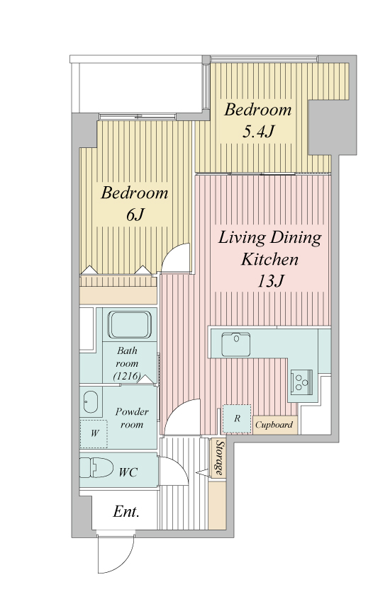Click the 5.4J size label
click(257, 132)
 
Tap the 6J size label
click(135, 215)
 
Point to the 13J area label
click(270, 281)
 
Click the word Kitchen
click(269, 259)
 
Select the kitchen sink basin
click(235, 344)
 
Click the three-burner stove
click(301, 381)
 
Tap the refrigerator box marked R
click(237, 418)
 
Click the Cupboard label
click(274, 425)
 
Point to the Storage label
click(220, 457)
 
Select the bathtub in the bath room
click(130, 324)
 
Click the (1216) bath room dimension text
click(127, 376)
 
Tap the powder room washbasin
click(91, 402)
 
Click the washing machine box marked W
click(94, 434)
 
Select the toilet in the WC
click(96, 467)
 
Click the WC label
click(128, 472)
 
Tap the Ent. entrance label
click(126, 511)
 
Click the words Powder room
click(131, 418)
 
